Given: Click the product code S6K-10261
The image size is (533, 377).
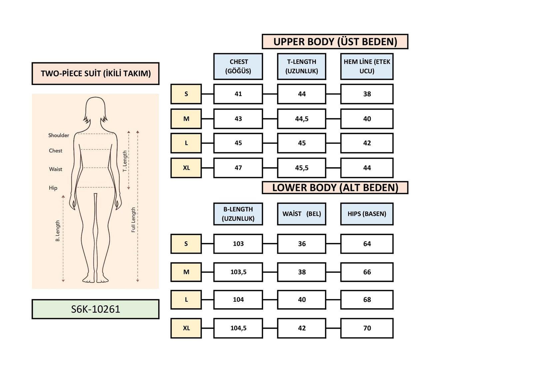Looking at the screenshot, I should point(95,309).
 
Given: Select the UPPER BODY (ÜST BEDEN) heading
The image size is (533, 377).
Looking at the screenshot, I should point(335,42).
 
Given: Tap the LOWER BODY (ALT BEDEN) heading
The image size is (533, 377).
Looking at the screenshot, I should point(335,187).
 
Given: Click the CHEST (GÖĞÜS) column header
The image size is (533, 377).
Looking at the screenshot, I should point(238,66).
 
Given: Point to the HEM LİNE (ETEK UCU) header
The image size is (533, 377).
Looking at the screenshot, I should point(367,66).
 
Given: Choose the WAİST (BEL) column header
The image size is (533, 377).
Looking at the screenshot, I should point(301,214).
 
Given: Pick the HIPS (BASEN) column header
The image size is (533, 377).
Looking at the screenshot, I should point(367,214).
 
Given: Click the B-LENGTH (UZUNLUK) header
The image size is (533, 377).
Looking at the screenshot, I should point(238,214).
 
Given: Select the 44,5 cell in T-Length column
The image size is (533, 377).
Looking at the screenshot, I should point(301,119).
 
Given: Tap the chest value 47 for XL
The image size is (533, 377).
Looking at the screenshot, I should point(238,168).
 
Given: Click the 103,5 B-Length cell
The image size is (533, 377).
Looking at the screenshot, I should point(238,272).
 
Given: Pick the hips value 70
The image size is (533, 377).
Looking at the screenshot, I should point(367,328).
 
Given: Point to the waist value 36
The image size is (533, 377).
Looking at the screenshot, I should point(301,244).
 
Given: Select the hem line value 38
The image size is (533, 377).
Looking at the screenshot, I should point(367,94).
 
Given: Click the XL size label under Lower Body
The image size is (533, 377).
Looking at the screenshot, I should point(186,328).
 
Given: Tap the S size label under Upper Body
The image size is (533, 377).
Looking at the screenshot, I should point(186,94).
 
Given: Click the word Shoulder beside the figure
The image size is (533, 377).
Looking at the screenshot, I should point(59,135).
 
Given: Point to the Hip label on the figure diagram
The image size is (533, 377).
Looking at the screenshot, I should point(53,188).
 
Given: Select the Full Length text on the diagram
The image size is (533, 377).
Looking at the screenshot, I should point(133,220).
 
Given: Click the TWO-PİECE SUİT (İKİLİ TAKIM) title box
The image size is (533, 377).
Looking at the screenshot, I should point(96,73).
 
